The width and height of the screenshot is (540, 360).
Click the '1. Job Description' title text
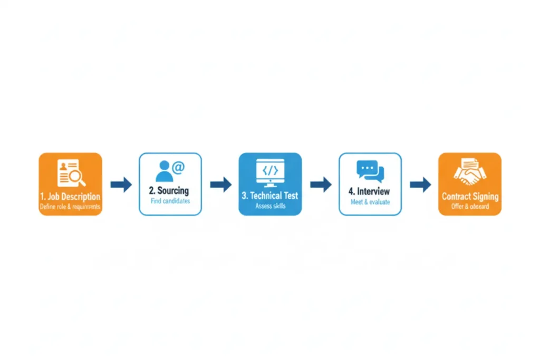[x=70, y=197]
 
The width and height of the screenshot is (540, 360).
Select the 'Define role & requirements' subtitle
[x=70, y=207]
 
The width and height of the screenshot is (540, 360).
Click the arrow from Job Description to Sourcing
[x=121, y=184]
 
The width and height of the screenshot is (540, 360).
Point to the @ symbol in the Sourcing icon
[x=178, y=168]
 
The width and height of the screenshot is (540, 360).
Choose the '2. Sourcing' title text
[x=170, y=190]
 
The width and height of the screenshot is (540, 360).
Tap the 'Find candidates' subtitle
[x=170, y=201]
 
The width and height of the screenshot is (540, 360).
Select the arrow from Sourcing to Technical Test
[x=220, y=184]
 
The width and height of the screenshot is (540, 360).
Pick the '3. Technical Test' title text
[x=270, y=196]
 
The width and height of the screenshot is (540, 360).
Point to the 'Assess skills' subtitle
[x=270, y=206]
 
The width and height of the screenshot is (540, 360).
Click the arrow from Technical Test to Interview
[x=320, y=184]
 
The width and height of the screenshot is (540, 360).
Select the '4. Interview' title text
[x=370, y=191]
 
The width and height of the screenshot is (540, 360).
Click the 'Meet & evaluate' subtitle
[x=370, y=202]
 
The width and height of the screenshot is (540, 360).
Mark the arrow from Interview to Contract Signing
[x=420, y=184]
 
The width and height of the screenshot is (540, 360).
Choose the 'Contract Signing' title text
[x=470, y=197]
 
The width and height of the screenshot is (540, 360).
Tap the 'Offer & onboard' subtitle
[x=470, y=207]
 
